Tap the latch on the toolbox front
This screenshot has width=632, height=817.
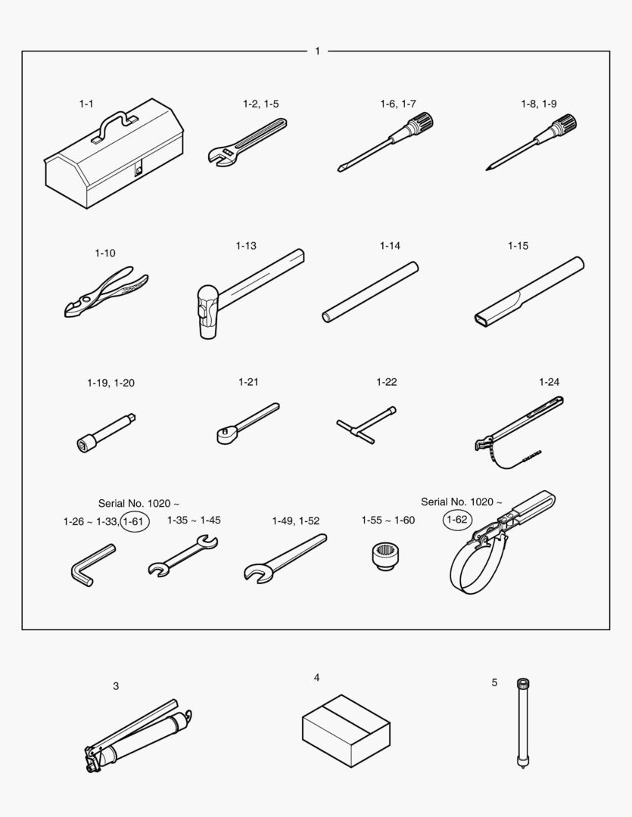click(x=139, y=169)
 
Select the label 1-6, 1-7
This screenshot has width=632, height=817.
click(x=398, y=104)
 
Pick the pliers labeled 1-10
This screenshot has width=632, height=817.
click(x=107, y=291)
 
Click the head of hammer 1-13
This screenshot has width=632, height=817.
click(x=207, y=312)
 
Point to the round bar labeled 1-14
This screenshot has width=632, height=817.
click(x=370, y=292)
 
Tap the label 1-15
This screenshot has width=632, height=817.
click(x=518, y=245)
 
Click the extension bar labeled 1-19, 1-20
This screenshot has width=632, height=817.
click(x=107, y=433)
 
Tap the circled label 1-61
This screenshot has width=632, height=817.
click(x=135, y=521)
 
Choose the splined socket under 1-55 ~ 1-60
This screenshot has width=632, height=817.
click(x=387, y=556)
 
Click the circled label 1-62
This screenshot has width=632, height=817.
click(x=457, y=520)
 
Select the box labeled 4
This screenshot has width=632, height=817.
click(x=346, y=731)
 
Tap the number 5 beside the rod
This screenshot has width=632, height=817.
click(x=494, y=682)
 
